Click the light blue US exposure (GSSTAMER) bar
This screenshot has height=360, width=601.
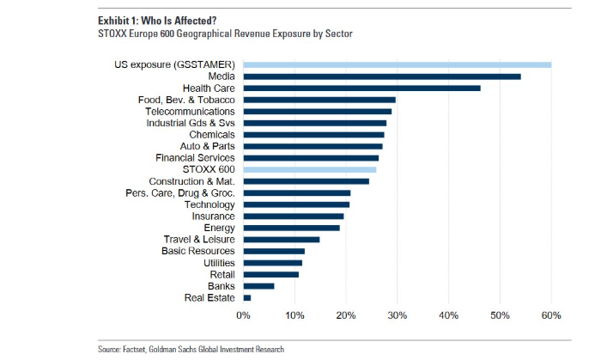coord(397,64)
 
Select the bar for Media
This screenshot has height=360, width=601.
coord(381,76)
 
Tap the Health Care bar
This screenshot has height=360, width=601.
coord(361,88)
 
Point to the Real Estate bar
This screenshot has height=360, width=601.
coord(247,297)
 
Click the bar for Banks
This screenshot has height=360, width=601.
coord(258,286)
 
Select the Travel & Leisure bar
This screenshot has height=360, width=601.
coord(281,240)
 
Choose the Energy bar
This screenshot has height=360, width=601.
coord(291,228)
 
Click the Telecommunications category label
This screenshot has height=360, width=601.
coord(190,112)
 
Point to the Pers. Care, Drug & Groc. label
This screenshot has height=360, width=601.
coord(179,193)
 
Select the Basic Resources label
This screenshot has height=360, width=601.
coord(198,251)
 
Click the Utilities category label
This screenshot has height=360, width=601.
coord(216,263)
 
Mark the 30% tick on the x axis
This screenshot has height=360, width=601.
coord(398,315)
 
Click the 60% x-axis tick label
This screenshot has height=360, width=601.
coord(551,315)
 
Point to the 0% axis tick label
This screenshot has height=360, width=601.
coord(244,315)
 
